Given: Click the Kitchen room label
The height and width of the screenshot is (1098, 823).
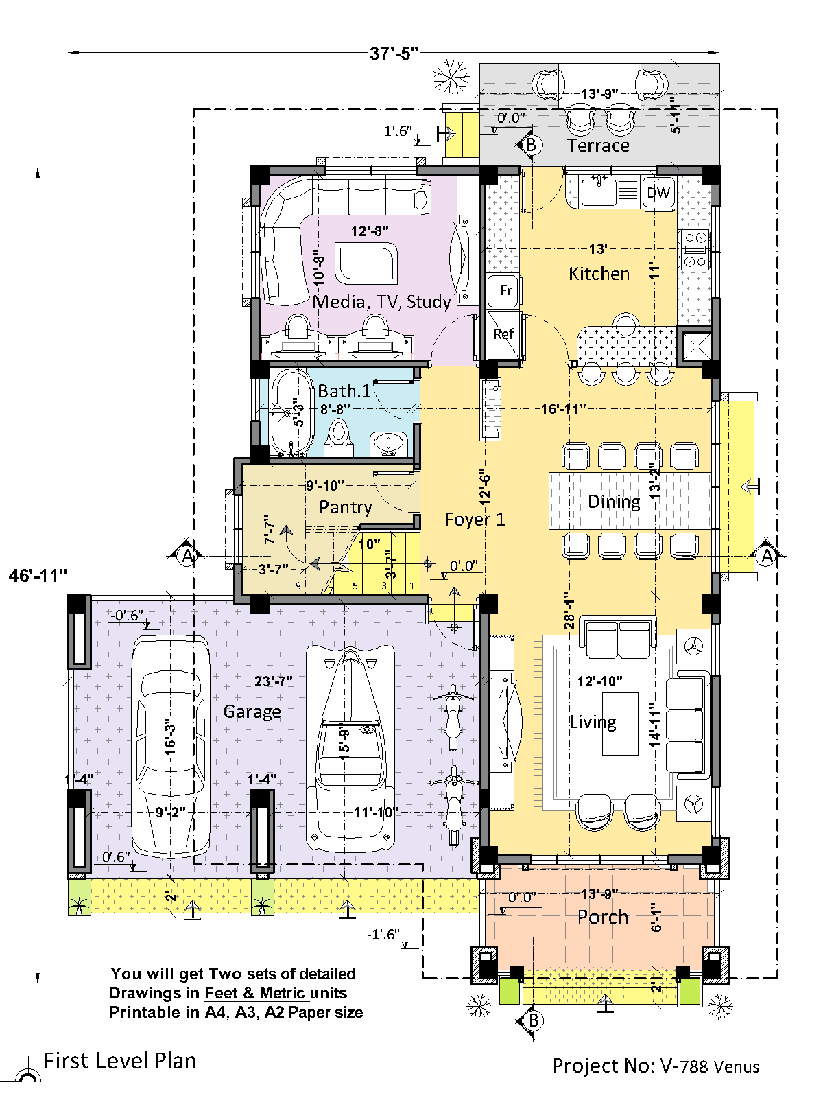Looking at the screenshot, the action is tap(599, 274).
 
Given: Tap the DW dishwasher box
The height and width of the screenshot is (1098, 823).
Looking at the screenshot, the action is tap(658, 193).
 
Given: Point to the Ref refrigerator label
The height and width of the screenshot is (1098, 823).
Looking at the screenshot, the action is tap(503, 334).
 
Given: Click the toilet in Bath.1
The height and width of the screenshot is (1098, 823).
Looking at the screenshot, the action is tap(339, 439).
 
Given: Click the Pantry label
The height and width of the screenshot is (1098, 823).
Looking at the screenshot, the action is tap(345, 507).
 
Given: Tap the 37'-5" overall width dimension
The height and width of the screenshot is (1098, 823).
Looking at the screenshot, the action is tap(394, 53).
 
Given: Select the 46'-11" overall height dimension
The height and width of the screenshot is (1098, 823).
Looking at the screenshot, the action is tap(38, 575).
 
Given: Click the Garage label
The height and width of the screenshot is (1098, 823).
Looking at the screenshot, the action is tap(252, 712).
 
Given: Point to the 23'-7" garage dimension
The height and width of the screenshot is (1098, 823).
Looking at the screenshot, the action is tap(273, 681).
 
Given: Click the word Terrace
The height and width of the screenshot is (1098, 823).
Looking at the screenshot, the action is tap(598, 145).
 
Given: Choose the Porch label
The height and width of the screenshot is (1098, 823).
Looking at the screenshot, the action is tap(603, 917).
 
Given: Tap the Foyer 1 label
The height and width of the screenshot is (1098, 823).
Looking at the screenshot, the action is tap(475, 519).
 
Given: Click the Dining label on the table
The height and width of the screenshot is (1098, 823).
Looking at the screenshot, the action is tap(614, 502).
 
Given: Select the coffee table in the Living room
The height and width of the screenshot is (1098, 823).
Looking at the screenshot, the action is tap(620, 723).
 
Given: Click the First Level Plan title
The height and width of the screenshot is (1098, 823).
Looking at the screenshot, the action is tap(120, 1060).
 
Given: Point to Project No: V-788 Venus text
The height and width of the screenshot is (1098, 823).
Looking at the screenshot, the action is tap(656, 1066).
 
